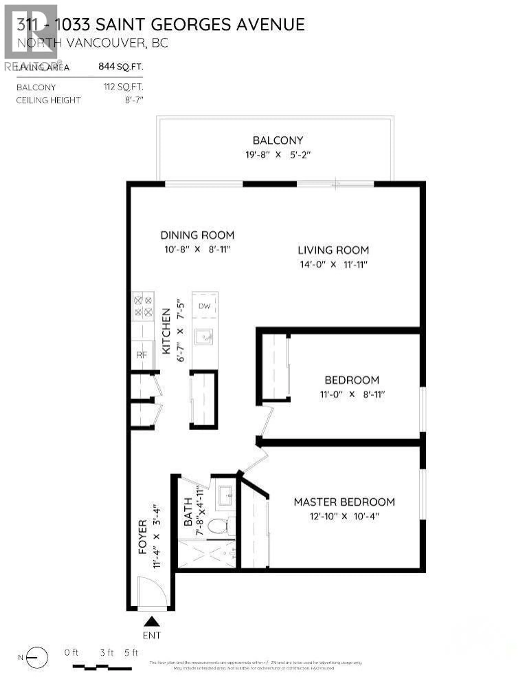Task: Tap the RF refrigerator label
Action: click(x=142, y=355)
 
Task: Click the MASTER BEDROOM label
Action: click(x=344, y=502)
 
